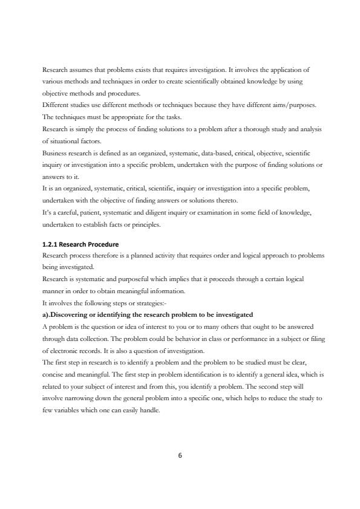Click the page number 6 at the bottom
coord(180,456)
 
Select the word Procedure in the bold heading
coord(103,244)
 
